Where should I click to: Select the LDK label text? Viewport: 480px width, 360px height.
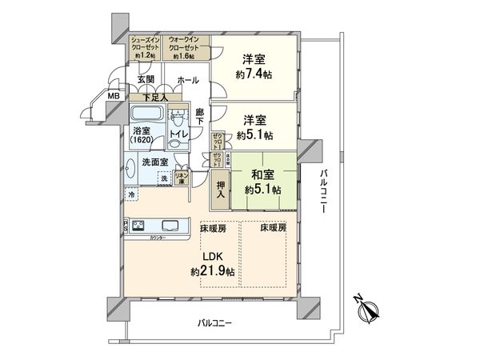[x=212, y=258]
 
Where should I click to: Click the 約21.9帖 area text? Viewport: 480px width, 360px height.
[x=212, y=272]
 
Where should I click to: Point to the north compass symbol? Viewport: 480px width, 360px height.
[x=368, y=308]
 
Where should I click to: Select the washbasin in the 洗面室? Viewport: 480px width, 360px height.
[x=131, y=168]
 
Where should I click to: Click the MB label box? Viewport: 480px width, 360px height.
[x=114, y=96]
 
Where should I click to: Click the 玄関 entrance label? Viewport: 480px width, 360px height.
[x=144, y=80]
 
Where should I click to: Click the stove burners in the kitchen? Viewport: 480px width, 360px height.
[x=137, y=225]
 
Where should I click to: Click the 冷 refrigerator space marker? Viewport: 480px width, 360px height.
[x=129, y=194]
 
